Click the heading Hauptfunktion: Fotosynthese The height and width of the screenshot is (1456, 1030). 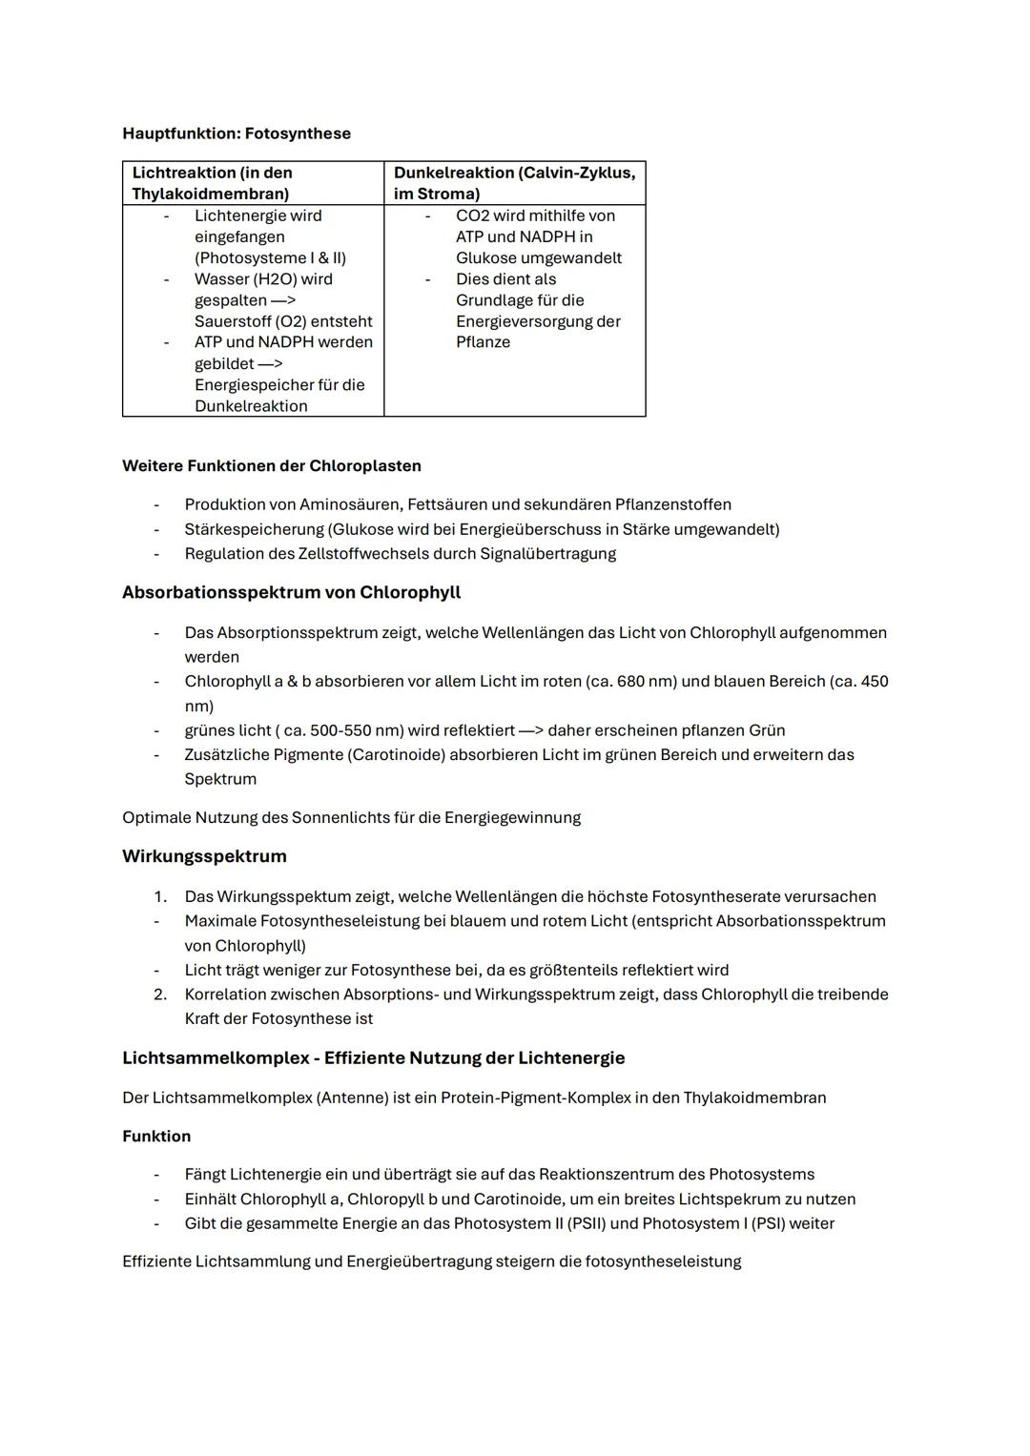point(237,133)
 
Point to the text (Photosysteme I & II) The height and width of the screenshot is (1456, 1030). point(270,257)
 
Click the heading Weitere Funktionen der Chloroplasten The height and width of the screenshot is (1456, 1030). point(271,466)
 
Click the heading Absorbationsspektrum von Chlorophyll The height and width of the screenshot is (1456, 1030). point(291,592)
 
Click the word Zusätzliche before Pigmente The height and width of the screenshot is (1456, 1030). point(224,755)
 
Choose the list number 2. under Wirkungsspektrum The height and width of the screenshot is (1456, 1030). point(159,995)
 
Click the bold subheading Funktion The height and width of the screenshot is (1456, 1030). point(156,1137)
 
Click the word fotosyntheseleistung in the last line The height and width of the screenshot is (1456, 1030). point(663,1261)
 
